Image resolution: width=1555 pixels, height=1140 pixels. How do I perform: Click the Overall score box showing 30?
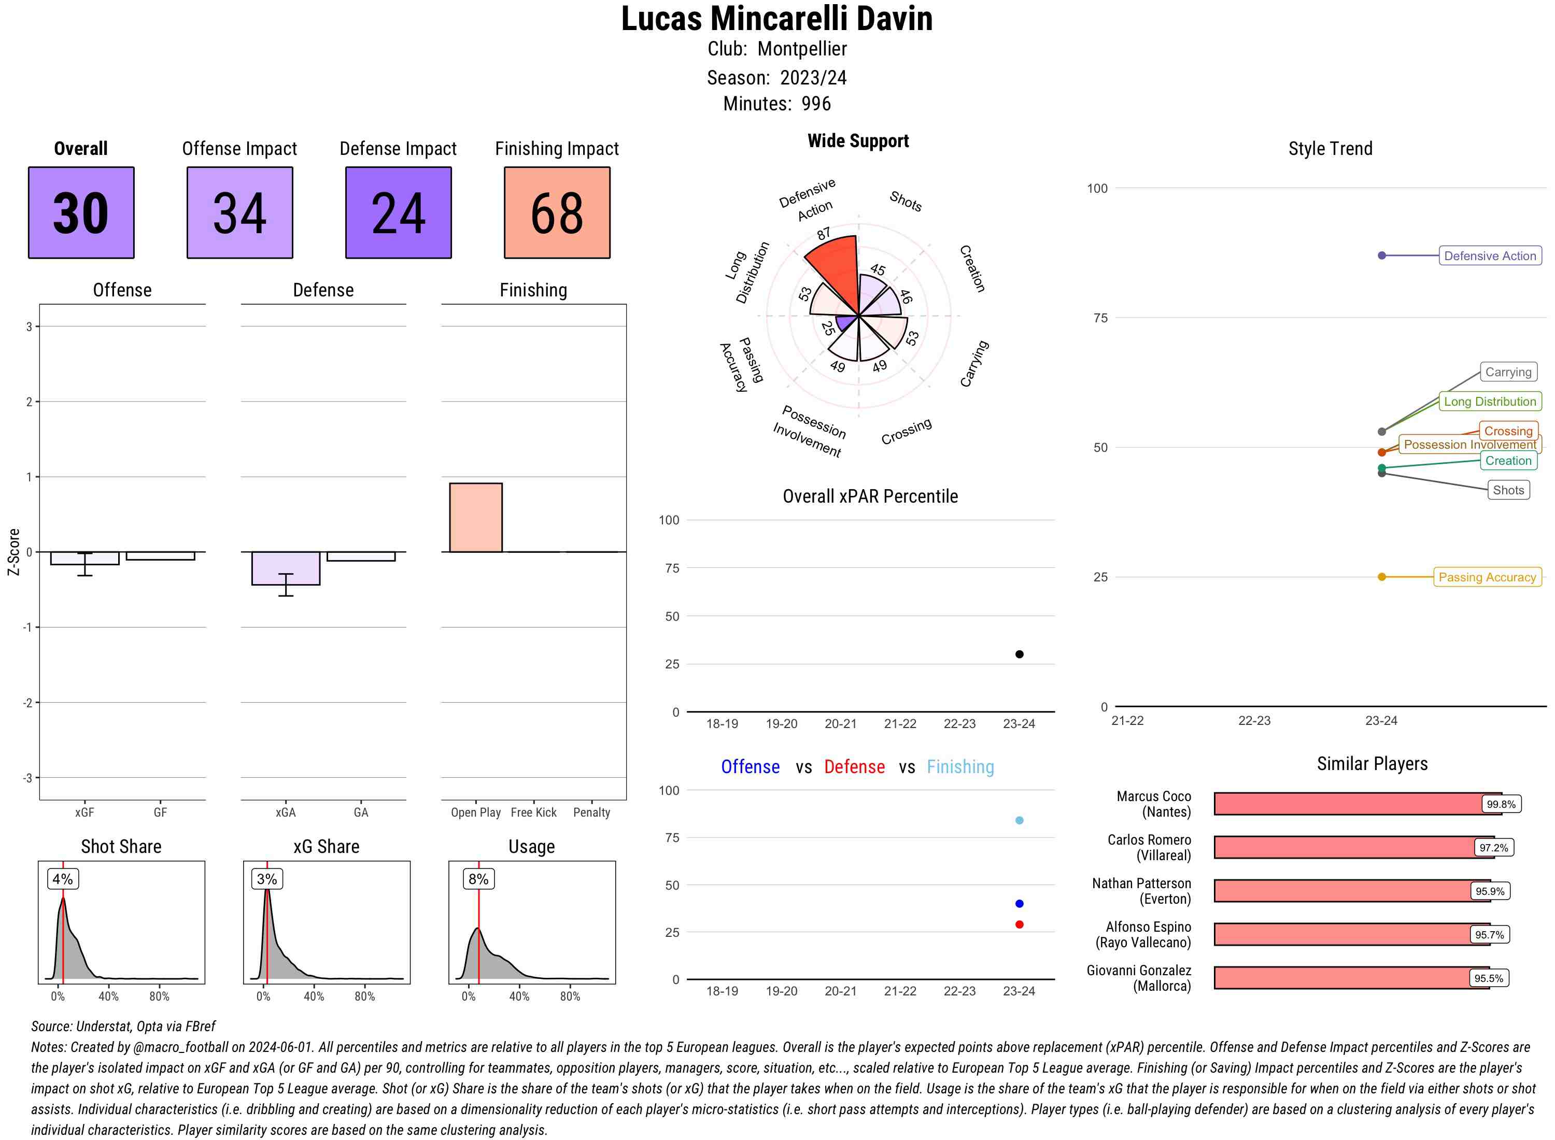pos(81,212)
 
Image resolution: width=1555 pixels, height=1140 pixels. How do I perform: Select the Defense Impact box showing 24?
pos(398,212)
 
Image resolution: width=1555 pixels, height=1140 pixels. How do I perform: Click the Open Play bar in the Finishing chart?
pos(475,518)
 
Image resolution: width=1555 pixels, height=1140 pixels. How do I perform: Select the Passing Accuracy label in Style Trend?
pos(1487,577)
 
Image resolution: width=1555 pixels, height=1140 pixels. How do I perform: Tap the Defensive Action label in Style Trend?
pos(1490,256)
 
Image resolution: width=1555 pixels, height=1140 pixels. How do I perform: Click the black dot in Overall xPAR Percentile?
pos(1019,654)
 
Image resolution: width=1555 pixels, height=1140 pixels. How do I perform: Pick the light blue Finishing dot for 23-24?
pos(1019,820)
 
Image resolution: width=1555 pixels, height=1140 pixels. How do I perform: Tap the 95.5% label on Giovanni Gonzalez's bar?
pos(1488,978)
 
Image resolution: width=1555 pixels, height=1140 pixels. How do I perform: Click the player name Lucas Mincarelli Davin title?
pos(776,19)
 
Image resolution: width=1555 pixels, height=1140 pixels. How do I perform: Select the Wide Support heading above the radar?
pos(858,141)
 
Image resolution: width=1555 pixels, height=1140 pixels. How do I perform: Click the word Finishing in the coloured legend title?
pos(960,767)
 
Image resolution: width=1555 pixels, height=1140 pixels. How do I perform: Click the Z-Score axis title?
pos(13,552)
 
